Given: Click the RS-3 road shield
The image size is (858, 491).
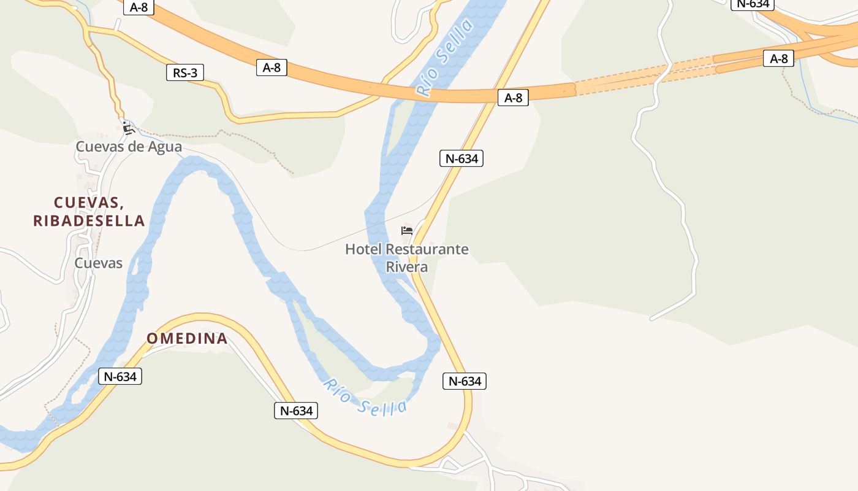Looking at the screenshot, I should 185,73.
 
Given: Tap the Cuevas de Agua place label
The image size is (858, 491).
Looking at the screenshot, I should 129,147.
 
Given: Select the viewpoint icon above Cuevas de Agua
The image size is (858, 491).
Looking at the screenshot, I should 127,128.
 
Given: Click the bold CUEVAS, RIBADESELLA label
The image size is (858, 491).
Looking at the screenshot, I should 89,212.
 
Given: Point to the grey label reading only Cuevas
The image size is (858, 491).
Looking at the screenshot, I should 98,263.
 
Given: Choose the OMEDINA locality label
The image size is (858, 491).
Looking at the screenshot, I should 187,338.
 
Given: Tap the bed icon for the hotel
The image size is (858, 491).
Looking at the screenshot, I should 407,231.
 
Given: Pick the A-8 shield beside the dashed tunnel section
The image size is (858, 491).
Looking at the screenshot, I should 778,59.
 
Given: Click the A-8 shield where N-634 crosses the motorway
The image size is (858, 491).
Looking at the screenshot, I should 513,98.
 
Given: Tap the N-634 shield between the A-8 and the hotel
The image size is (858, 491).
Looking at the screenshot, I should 461,158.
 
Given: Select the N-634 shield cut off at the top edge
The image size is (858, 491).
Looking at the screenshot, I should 753,4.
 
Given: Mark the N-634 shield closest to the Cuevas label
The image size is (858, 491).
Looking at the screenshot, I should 120,376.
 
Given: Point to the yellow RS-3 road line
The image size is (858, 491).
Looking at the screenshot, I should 282,117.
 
